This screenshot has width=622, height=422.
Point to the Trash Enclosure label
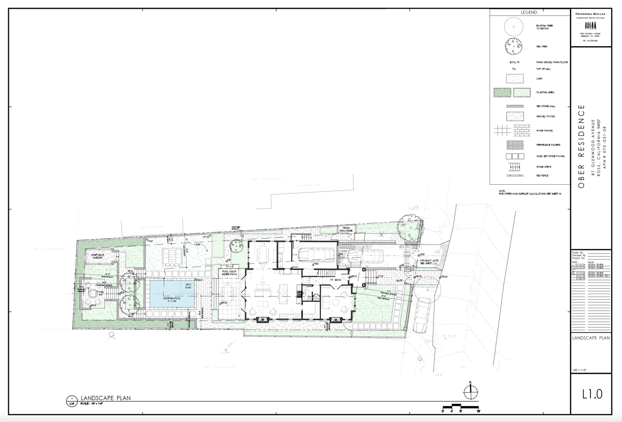pos(346,229)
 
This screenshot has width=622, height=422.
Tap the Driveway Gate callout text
pos(431,262)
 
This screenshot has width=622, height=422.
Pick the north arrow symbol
pos(470,391)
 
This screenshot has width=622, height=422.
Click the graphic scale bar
pos(461,407)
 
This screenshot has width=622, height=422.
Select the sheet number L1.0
pos(591,394)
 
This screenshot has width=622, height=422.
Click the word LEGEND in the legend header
pos(529,13)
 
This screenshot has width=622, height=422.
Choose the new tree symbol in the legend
pos(515,46)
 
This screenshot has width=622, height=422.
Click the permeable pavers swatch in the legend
pos(515,145)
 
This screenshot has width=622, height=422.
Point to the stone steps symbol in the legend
pos(515,167)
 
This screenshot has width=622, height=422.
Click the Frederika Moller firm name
pos(590,15)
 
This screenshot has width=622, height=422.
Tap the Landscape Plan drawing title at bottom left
pos(105,398)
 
